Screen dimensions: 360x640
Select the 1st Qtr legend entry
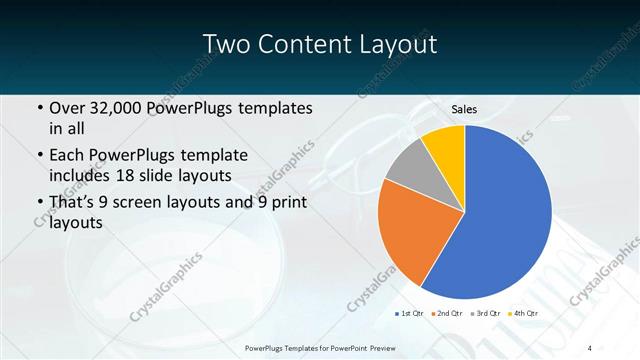tap(407, 314)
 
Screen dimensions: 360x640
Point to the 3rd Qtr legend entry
tap(485, 314)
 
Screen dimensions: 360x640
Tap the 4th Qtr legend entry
tap(523, 314)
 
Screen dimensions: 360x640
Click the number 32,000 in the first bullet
tap(123, 108)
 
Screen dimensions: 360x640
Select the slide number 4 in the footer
tap(589, 347)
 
